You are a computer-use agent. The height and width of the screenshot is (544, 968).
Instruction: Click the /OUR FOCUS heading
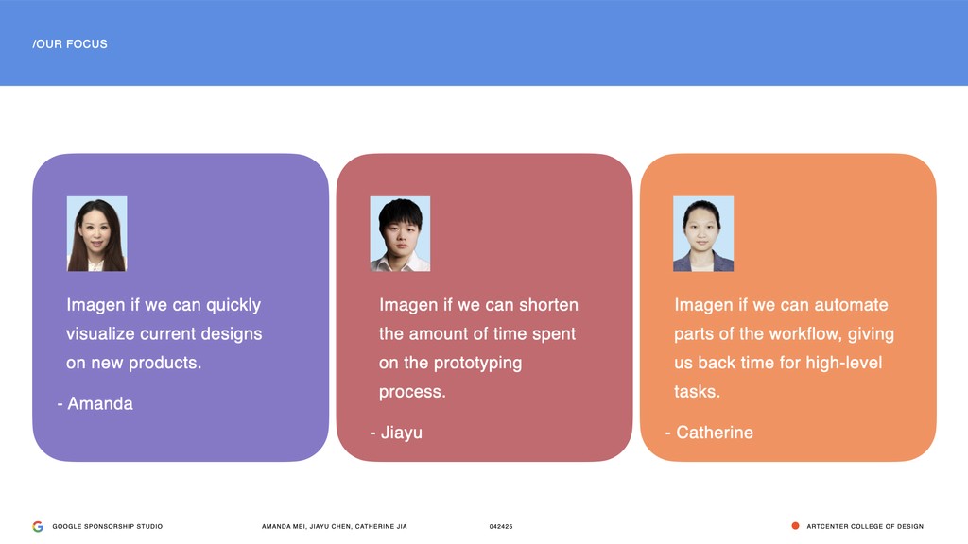click(x=70, y=43)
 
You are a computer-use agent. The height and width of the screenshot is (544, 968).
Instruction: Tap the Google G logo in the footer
click(x=38, y=526)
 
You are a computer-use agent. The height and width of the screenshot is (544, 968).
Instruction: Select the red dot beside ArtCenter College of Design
click(x=795, y=525)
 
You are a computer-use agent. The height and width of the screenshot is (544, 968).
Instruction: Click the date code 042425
click(x=501, y=526)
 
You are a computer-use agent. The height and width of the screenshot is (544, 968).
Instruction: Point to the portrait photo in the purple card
click(x=97, y=234)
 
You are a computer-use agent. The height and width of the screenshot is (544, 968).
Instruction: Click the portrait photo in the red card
click(x=400, y=234)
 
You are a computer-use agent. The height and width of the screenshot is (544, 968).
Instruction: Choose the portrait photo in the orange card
click(x=703, y=234)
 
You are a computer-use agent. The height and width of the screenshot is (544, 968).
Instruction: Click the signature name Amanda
click(x=100, y=403)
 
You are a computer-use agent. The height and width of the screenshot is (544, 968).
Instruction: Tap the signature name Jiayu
click(x=401, y=433)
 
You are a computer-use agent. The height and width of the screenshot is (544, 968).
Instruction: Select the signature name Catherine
click(x=715, y=433)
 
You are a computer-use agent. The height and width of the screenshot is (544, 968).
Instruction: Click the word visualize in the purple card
click(x=100, y=333)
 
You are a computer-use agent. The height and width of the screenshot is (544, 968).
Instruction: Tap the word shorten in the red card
click(x=549, y=305)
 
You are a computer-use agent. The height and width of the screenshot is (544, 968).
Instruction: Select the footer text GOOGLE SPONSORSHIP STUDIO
click(x=108, y=526)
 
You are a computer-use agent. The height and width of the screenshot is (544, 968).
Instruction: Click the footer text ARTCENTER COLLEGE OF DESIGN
click(x=865, y=526)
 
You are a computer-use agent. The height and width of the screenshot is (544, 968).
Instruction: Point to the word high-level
click(x=844, y=363)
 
